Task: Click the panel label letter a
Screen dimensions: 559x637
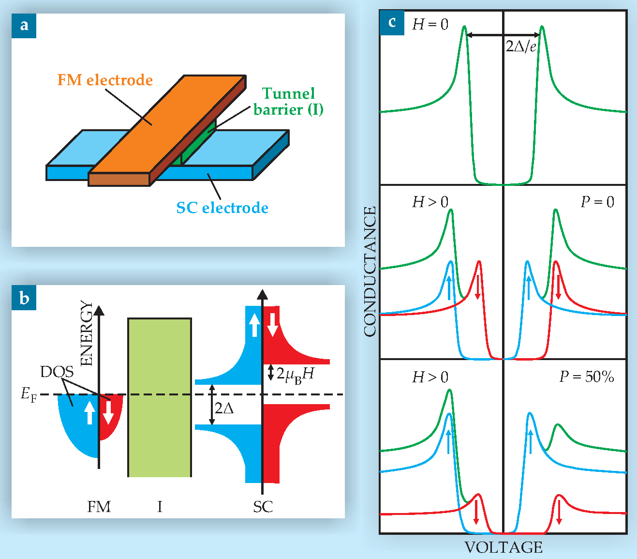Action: [24, 25]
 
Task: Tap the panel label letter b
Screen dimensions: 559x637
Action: [24, 298]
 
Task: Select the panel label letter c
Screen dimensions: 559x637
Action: [392, 22]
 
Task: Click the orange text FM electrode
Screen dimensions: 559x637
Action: [105, 80]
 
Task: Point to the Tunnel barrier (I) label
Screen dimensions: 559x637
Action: [288, 101]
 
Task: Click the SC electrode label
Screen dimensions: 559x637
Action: [222, 208]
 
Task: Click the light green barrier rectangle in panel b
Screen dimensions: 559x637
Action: [160, 397]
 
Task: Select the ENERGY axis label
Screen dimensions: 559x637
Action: [86, 333]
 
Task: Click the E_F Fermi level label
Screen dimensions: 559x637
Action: [29, 395]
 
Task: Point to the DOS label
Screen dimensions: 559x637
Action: [57, 372]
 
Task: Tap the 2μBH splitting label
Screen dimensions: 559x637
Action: [295, 374]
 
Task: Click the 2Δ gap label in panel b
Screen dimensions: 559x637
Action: [224, 408]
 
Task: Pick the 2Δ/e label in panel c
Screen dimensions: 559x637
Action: [521, 46]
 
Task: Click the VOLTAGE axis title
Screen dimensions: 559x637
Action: [503, 547]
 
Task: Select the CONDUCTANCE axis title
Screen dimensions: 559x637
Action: [370, 272]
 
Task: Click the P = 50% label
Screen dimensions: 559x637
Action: [586, 377]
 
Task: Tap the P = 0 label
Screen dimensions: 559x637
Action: [597, 202]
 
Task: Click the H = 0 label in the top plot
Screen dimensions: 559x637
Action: [430, 24]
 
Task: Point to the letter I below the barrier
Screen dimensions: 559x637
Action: [160, 507]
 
